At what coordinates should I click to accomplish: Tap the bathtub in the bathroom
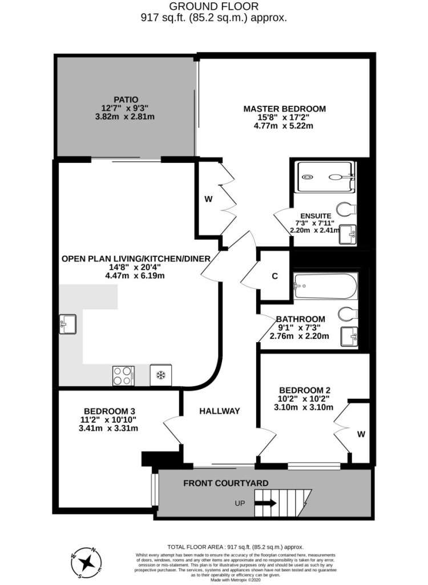coord(325,286)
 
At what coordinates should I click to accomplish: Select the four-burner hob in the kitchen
coord(123,376)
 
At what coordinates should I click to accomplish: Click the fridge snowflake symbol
coord(161,375)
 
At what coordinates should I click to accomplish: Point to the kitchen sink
coord(67,324)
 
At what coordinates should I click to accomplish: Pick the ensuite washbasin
coord(348,235)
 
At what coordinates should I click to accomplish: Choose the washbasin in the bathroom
coord(349,336)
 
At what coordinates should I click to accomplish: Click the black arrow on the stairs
coord(265,503)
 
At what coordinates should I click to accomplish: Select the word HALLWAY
coord(220,411)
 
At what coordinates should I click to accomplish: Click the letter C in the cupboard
coord(274,276)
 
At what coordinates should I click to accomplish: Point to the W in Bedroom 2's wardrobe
coord(361,434)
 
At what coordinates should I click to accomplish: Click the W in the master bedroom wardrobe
coord(208,199)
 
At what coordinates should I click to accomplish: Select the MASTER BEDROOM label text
coord(284,109)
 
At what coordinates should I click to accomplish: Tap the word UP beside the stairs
coord(240,503)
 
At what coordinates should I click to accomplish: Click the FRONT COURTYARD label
coord(226,483)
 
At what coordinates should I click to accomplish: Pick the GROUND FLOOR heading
coord(213,6)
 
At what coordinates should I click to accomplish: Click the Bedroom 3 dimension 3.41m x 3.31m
coord(108,428)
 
